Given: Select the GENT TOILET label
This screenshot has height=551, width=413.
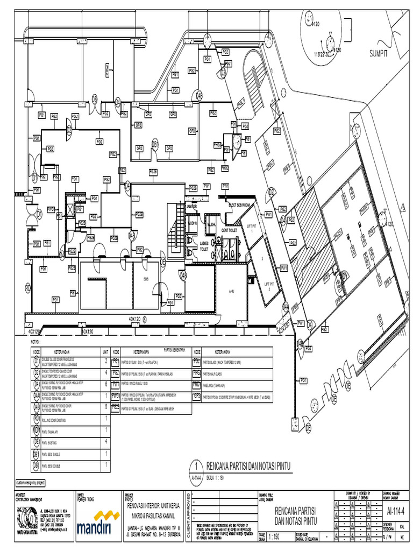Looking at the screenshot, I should click(x=229, y=230).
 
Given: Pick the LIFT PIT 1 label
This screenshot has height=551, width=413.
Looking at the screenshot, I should click(x=251, y=229).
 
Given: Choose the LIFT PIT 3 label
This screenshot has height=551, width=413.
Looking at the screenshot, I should click(x=269, y=286).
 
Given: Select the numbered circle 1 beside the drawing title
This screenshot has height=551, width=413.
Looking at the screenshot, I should click(x=197, y=466).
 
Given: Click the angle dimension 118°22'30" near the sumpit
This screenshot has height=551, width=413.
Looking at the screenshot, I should click(x=323, y=54).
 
